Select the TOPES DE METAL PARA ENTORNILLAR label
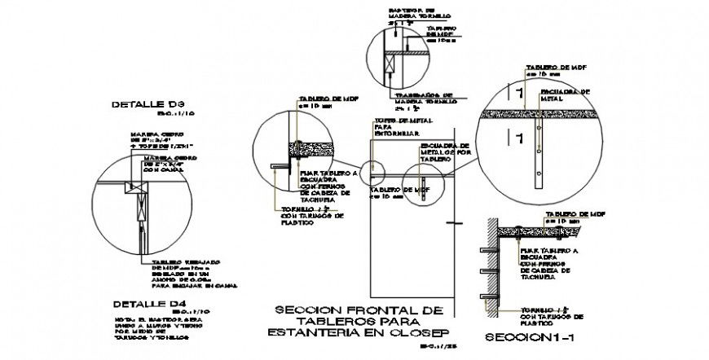coord(396,128)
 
